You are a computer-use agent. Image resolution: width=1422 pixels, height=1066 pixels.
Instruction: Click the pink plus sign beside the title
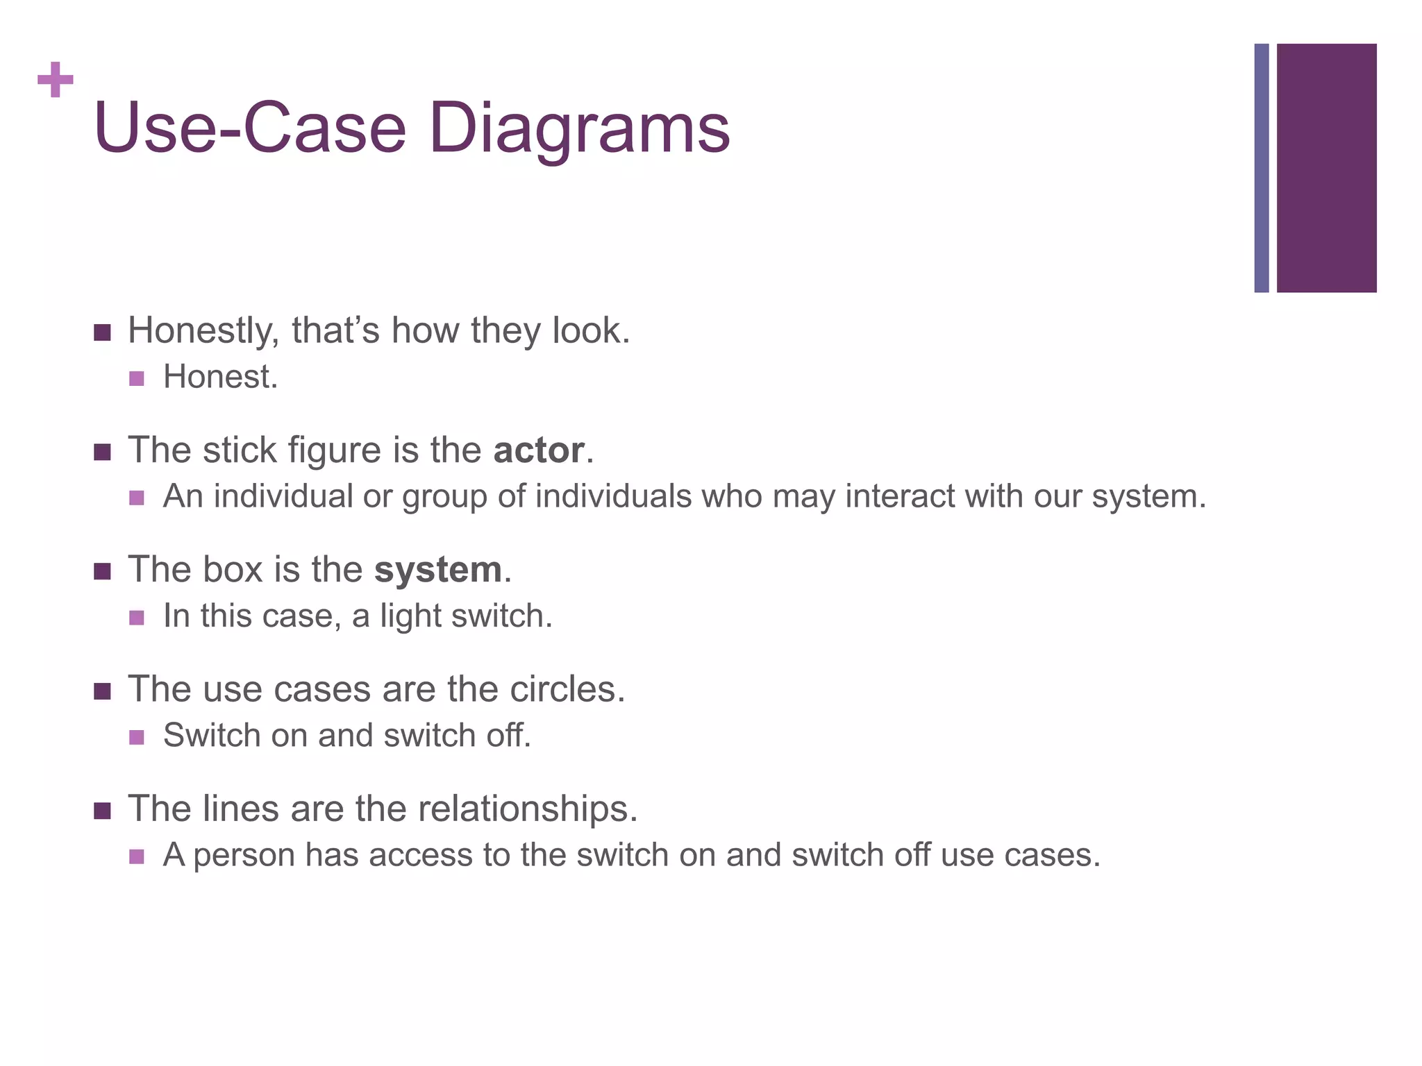(56, 80)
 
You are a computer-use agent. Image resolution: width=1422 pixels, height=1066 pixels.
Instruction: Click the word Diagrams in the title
(579, 128)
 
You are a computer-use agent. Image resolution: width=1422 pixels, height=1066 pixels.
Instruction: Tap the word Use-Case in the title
(249, 128)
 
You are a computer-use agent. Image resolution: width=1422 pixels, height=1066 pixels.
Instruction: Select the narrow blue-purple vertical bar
(1261, 168)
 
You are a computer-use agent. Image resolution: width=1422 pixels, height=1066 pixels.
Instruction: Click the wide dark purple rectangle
(1326, 168)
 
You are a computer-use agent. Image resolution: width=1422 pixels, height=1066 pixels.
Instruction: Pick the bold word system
(437, 570)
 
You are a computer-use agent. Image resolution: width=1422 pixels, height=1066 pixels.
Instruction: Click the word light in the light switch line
(411, 616)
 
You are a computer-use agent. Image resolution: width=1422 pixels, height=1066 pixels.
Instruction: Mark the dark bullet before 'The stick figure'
(102, 452)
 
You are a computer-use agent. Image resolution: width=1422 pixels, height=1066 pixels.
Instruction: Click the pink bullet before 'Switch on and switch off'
(137, 737)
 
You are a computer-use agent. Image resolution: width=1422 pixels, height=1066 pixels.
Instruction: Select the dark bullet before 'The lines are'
(102, 811)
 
